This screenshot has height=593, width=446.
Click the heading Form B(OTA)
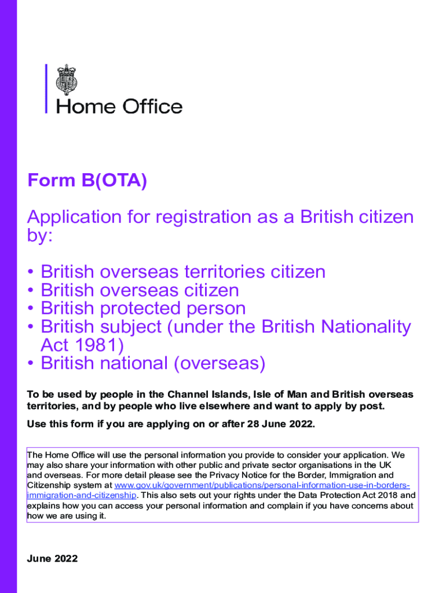click(x=87, y=182)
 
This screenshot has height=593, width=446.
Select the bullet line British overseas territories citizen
click(x=183, y=272)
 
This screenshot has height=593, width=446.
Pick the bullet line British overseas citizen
click(x=140, y=290)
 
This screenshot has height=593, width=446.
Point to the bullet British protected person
click(x=143, y=309)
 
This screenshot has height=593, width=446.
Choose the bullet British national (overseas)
click(x=153, y=364)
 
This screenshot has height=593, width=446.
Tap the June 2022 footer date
click(x=52, y=559)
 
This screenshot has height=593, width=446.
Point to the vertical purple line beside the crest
click(x=46, y=89)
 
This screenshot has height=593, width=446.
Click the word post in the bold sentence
click(x=372, y=406)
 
